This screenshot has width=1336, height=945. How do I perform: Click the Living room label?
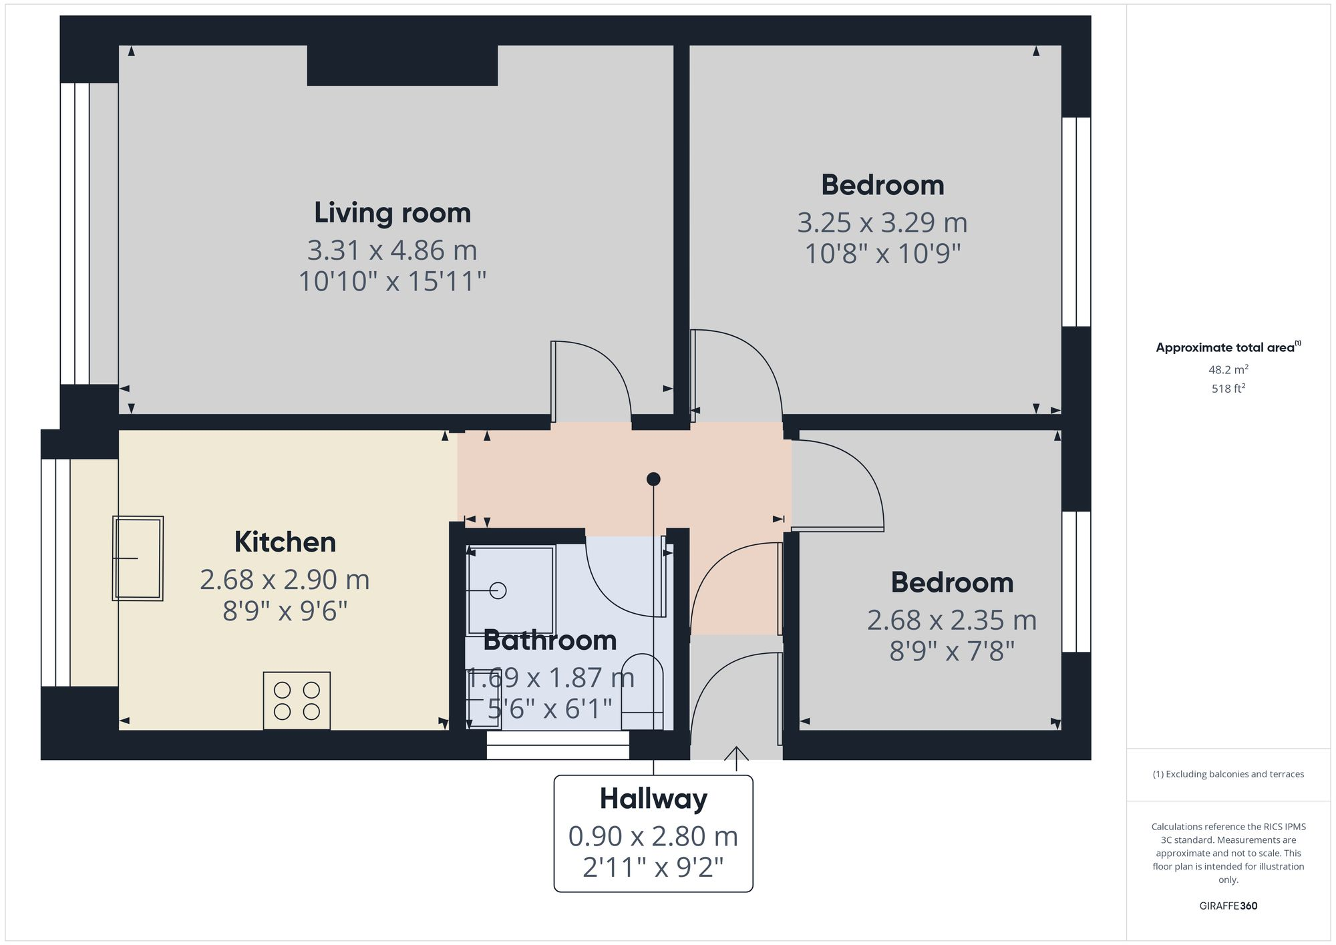tap(392, 213)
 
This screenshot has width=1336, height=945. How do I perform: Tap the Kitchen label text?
tap(285, 542)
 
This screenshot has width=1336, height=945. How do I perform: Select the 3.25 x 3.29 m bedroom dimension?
tap(882, 222)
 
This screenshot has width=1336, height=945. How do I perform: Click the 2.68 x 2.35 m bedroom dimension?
tap(951, 620)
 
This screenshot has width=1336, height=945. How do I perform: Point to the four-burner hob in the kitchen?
tap(297, 701)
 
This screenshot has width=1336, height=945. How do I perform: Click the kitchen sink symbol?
tap(138, 558)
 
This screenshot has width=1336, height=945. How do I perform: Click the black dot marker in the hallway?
tap(653, 479)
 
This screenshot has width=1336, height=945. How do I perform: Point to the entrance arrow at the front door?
tap(736, 758)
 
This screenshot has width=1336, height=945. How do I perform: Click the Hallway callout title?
tap(653, 799)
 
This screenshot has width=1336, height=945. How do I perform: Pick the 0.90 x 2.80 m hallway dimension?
tap(653, 836)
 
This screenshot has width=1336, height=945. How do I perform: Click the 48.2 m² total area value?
tap(1228, 369)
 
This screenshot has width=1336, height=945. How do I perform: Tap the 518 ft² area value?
tap(1228, 388)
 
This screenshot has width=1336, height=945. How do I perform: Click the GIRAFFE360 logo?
tap(1228, 906)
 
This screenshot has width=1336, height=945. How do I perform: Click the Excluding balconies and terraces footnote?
tap(1228, 774)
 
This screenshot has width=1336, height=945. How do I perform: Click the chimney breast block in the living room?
tap(402, 65)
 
